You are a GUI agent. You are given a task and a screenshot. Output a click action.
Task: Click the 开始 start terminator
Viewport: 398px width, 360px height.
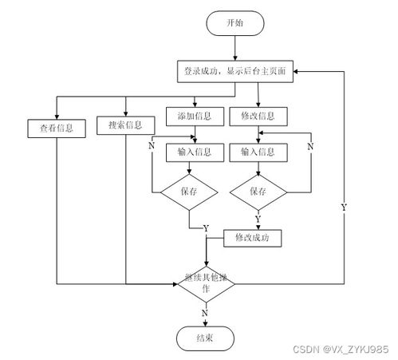pyautogui.click(x=235, y=23)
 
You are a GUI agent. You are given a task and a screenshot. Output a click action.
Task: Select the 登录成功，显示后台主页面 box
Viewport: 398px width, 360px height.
pyautogui.click(x=235, y=71)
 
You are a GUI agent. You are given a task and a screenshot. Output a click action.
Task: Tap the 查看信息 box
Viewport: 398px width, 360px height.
pyautogui.click(x=57, y=126)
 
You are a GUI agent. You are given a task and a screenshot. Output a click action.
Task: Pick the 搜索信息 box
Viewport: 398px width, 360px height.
pyautogui.click(x=124, y=125)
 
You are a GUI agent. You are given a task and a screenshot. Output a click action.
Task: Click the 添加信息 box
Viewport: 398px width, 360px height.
pyautogui.click(x=194, y=117)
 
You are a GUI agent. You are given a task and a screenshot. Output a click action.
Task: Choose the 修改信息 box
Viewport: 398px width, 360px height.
pyautogui.click(x=257, y=117)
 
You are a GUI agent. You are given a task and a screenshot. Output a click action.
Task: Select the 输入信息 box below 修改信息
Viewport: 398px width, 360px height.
pyautogui.click(x=257, y=152)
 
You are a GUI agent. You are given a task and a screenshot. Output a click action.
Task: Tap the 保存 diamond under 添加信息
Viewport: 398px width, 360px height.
pyautogui.click(x=188, y=192)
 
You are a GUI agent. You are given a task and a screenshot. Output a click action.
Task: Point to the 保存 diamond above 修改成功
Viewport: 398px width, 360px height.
pyautogui.click(x=257, y=192)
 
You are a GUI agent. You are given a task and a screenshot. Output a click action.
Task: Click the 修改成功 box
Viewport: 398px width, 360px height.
pyautogui.click(x=257, y=237)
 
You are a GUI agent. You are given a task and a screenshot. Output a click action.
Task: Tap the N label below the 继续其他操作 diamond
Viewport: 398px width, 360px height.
pyautogui.click(x=205, y=314)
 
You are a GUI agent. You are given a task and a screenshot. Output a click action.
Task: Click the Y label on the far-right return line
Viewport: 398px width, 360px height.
pyautogui.click(x=344, y=207)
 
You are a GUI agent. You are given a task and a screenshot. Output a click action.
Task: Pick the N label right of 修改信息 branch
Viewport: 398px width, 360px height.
pyautogui.click(x=310, y=147)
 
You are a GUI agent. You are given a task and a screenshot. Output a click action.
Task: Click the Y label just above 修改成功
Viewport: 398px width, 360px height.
pyautogui.click(x=257, y=218)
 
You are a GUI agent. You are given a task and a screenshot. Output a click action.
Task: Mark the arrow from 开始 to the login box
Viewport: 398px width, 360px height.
pyautogui.click(x=235, y=47)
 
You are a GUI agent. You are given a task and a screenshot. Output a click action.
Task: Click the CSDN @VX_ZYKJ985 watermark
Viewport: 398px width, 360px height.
pyautogui.click(x=349, y=349)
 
